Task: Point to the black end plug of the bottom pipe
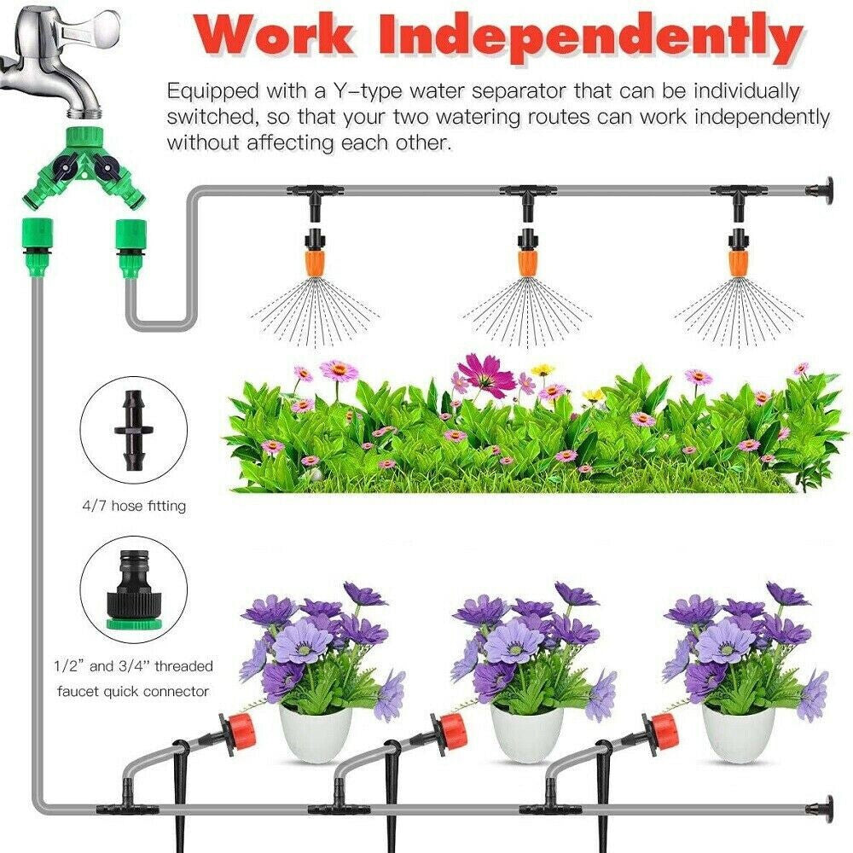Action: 825,806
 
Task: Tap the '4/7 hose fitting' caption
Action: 132,507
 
